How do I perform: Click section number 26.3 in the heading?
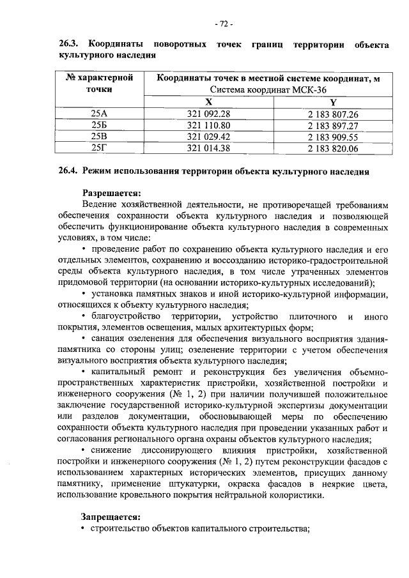pos(68,45)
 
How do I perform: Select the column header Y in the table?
pos(332,102)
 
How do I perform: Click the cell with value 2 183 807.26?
pos(332,114)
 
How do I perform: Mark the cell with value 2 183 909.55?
pos(332,137)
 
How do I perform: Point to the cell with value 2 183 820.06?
pos(332,148)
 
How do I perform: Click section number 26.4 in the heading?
pos(68,172)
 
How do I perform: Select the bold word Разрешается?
pos(111,193)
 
